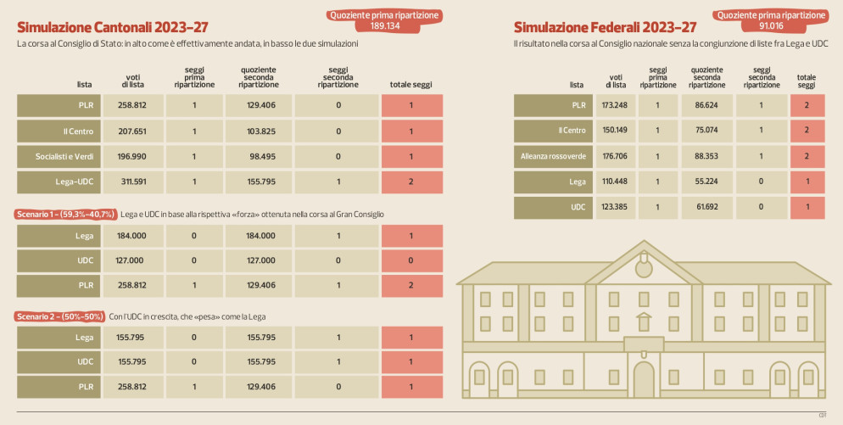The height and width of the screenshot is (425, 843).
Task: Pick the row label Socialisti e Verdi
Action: pyautogui.click(x=64, y=157)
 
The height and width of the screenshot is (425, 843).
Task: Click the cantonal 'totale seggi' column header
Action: pyautogui.click(x=411, y=84)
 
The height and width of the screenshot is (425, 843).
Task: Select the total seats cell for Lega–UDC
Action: pyautogui.click(x=411, y=182)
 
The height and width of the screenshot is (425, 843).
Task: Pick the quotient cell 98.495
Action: pyautogui.click(x=258, y=157)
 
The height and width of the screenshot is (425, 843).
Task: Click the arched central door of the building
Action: pyautogui.click(x=645, y=381)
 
